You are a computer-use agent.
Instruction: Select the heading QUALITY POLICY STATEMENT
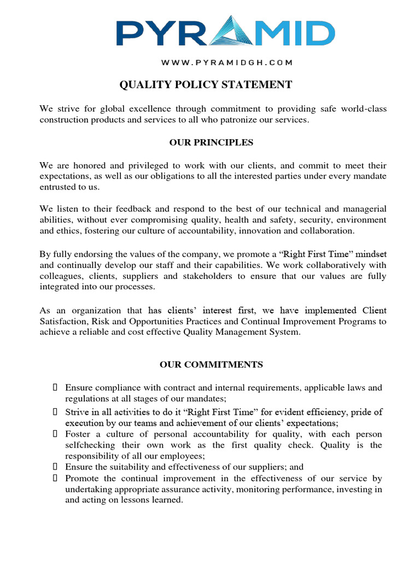click(206, 84)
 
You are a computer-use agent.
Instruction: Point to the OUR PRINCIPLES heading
click(211, 142)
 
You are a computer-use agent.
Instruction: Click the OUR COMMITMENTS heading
click(211, 364)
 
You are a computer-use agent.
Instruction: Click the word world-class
click(364, 109)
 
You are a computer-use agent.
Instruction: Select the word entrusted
click(58, 187)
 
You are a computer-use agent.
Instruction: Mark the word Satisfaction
click(63, 322)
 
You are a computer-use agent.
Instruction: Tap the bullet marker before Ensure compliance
click(55, 388)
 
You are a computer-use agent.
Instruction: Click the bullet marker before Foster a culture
click(55, 434)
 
